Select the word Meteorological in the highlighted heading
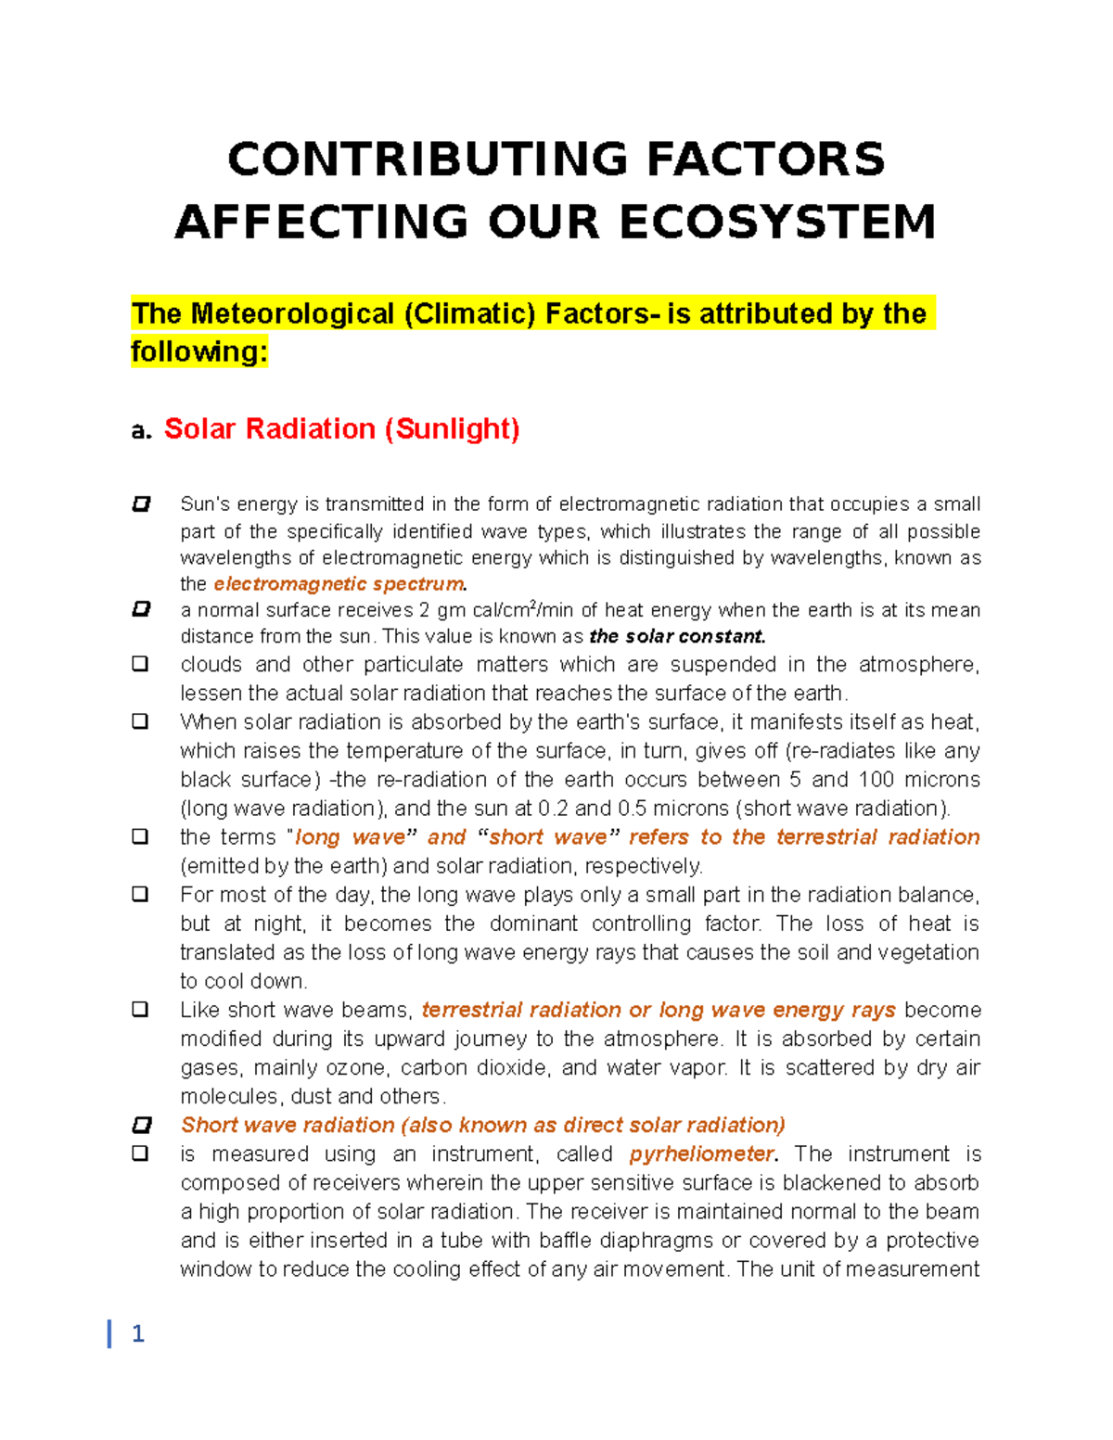pos(292,313)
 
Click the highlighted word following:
pos(199,351)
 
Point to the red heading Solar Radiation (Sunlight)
pos(341,428)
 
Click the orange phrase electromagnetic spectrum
pos(339,584)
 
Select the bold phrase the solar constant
pos(677,637)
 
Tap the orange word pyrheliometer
pos(702,1154)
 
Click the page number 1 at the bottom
pos(138,1333)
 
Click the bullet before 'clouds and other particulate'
pos(140,664)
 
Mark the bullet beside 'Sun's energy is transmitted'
pos(141,504)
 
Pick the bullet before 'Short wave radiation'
pos(141,1126)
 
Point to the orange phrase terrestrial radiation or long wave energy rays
pos(659,1010)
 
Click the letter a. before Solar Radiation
pos(141,430)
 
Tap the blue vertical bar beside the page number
pos(109,1333)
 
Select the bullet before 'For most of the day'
pos(140,895)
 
